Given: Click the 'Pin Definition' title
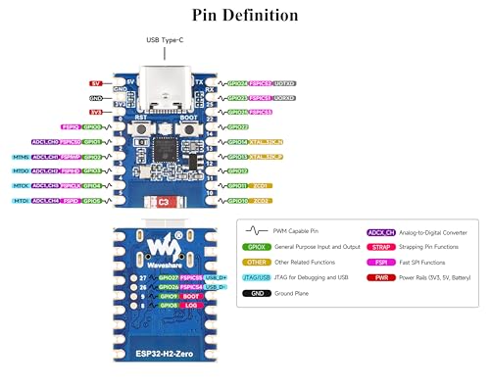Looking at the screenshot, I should pos(245,15).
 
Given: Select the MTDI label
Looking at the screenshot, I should pos(21,200).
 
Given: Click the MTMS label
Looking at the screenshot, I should pos(21,157).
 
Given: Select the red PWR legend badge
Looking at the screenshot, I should pos(377,277).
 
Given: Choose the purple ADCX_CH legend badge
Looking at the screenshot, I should pos(378,231).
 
